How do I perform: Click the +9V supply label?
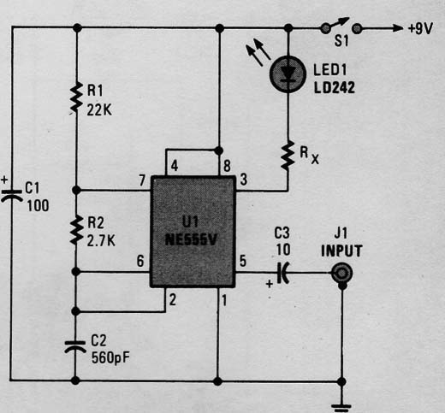[420, 28]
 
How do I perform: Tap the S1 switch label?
[341, 41]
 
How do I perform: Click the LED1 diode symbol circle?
[288, 74]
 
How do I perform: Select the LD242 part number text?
[335, 87]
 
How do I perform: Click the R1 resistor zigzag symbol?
[76, 97]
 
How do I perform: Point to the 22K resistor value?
[99, 109]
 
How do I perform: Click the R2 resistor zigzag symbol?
[76, 230]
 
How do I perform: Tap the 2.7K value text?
[101, 241]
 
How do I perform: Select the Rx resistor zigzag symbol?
[288, 156]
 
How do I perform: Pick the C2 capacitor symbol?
[75, 346]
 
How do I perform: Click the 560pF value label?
[110, 357]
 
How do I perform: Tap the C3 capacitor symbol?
[284, 273]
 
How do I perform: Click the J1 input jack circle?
[342, 274]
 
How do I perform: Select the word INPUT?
[341, 251]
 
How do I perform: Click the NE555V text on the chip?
[191, 240]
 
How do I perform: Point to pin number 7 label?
[142, 180]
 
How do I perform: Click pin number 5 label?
[243, 261]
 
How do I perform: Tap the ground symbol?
[341, 407]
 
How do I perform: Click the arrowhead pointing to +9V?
[398, 28]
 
